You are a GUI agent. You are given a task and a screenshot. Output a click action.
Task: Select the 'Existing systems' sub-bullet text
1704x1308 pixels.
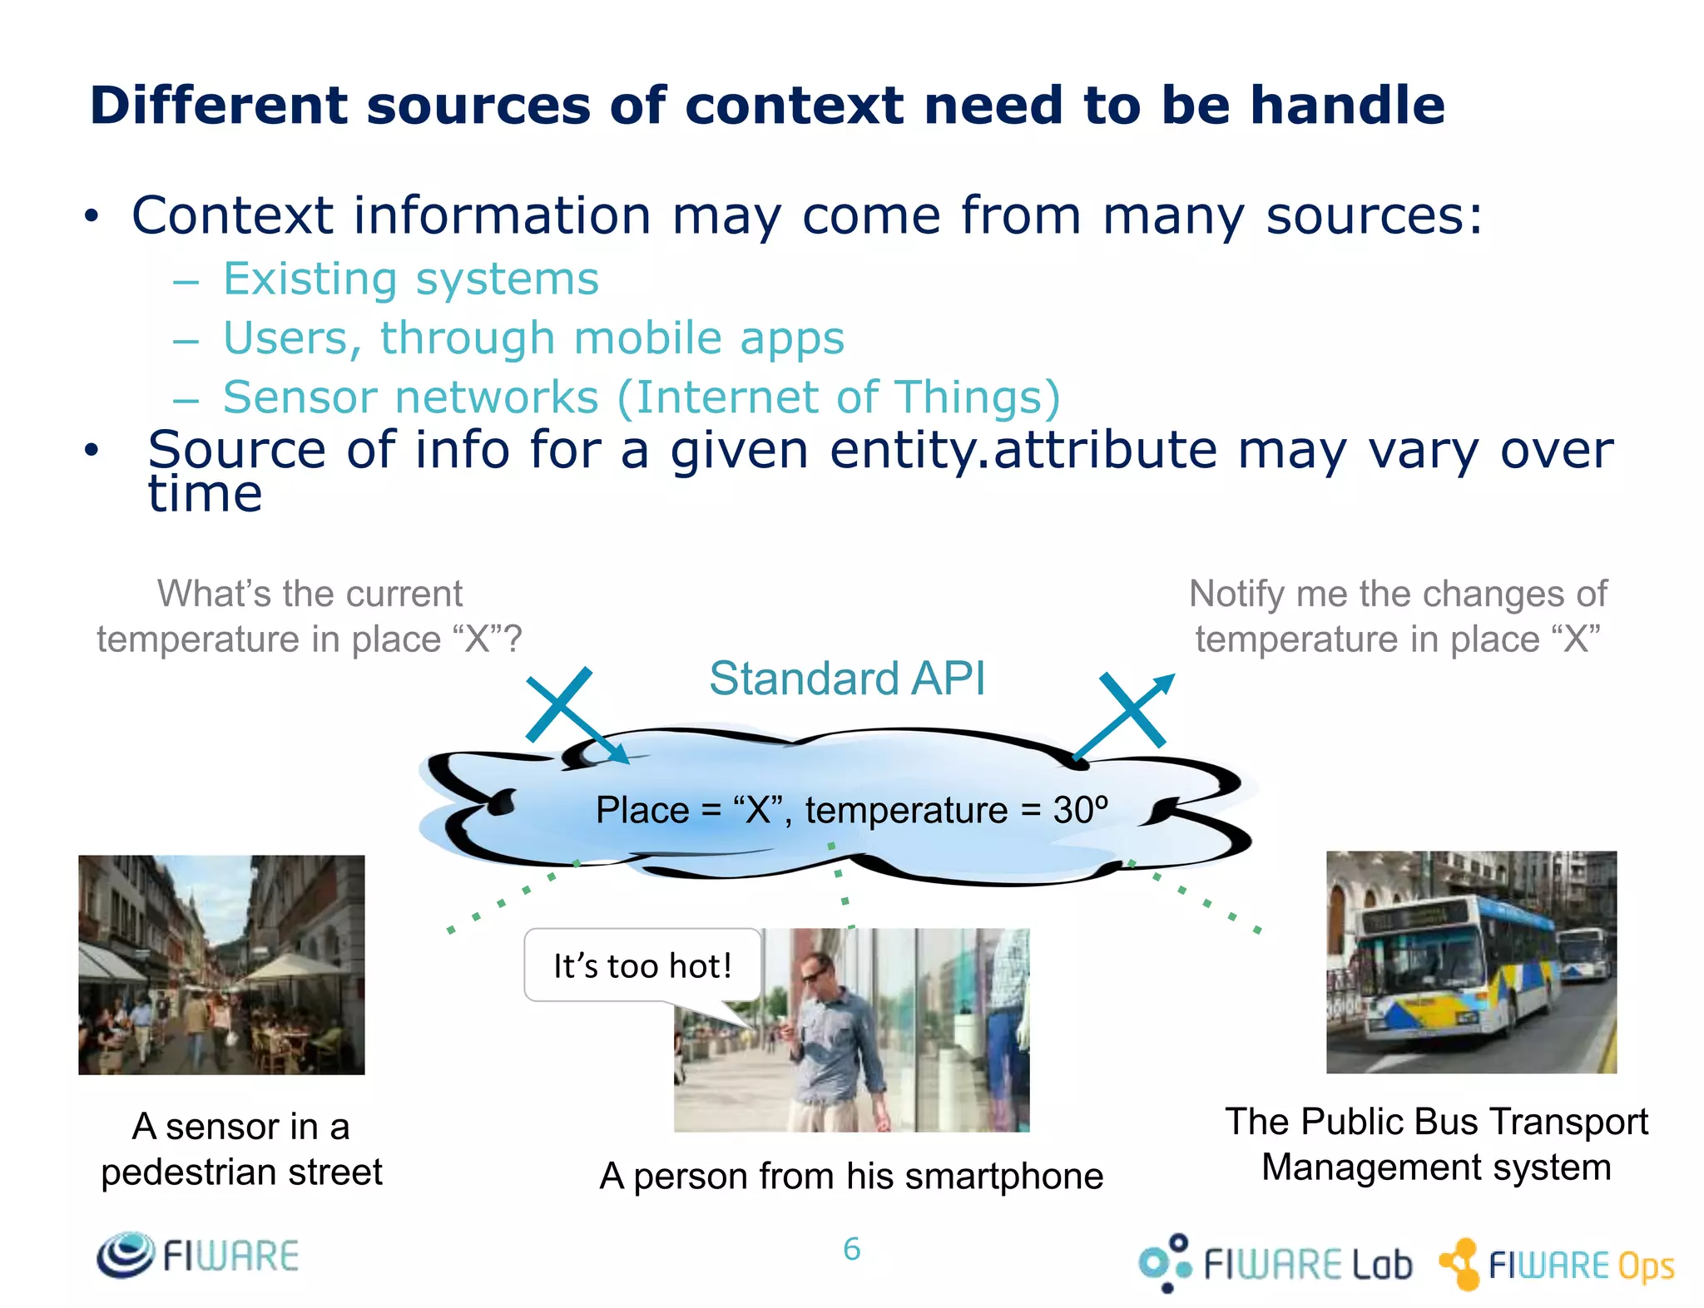(411, 279)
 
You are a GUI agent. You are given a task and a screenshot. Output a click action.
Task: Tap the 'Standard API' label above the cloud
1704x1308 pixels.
(847, 678)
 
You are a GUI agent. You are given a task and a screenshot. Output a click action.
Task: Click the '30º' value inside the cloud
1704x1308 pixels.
(1080, 809)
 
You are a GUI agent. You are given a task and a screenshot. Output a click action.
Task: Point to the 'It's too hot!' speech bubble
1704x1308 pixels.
(642, 965)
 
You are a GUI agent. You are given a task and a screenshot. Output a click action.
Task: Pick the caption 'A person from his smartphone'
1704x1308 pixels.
(851, 1176)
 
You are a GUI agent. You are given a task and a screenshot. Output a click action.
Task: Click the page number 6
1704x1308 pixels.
(851, 1249)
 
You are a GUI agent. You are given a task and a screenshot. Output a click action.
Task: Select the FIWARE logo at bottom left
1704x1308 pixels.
(197, 1255)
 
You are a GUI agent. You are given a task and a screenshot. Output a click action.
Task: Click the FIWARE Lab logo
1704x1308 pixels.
(1275, 1263)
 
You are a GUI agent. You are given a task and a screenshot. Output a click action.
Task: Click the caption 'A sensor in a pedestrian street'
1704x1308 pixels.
(241, 1148)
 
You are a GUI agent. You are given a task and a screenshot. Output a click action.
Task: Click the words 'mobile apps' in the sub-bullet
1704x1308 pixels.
(709, 338)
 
